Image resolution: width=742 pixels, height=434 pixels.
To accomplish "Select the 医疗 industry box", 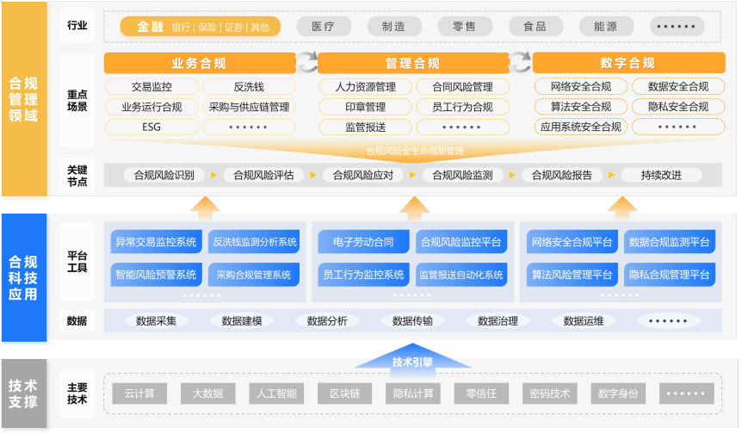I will coord(323,27).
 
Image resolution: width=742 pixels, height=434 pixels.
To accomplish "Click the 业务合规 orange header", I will coord(200,63).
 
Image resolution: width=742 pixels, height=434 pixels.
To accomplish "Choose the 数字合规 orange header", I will coord(628,63).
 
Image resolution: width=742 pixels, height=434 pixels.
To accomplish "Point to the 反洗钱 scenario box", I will coord(249,87).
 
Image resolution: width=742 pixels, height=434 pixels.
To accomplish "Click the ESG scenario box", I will coord(151,127).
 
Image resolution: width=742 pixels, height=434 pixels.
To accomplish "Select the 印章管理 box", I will coord(365,107).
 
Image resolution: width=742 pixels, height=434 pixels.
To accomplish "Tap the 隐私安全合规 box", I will coord(677,107).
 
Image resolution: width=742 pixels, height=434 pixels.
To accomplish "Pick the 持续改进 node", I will coord(661,175).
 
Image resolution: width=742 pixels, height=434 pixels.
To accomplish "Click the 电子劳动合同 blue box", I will coord(363,242).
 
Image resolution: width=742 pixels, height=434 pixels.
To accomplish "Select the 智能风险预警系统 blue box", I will coord(156,275).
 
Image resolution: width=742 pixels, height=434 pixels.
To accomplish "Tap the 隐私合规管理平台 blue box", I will coord(669,275).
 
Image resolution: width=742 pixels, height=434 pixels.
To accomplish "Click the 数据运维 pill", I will coord(584,321).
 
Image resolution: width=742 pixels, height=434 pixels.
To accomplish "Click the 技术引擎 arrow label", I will coord(412,363).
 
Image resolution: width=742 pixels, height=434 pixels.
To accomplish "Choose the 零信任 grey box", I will coord(481,394).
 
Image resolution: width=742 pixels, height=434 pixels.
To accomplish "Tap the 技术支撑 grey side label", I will coord(23,394).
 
